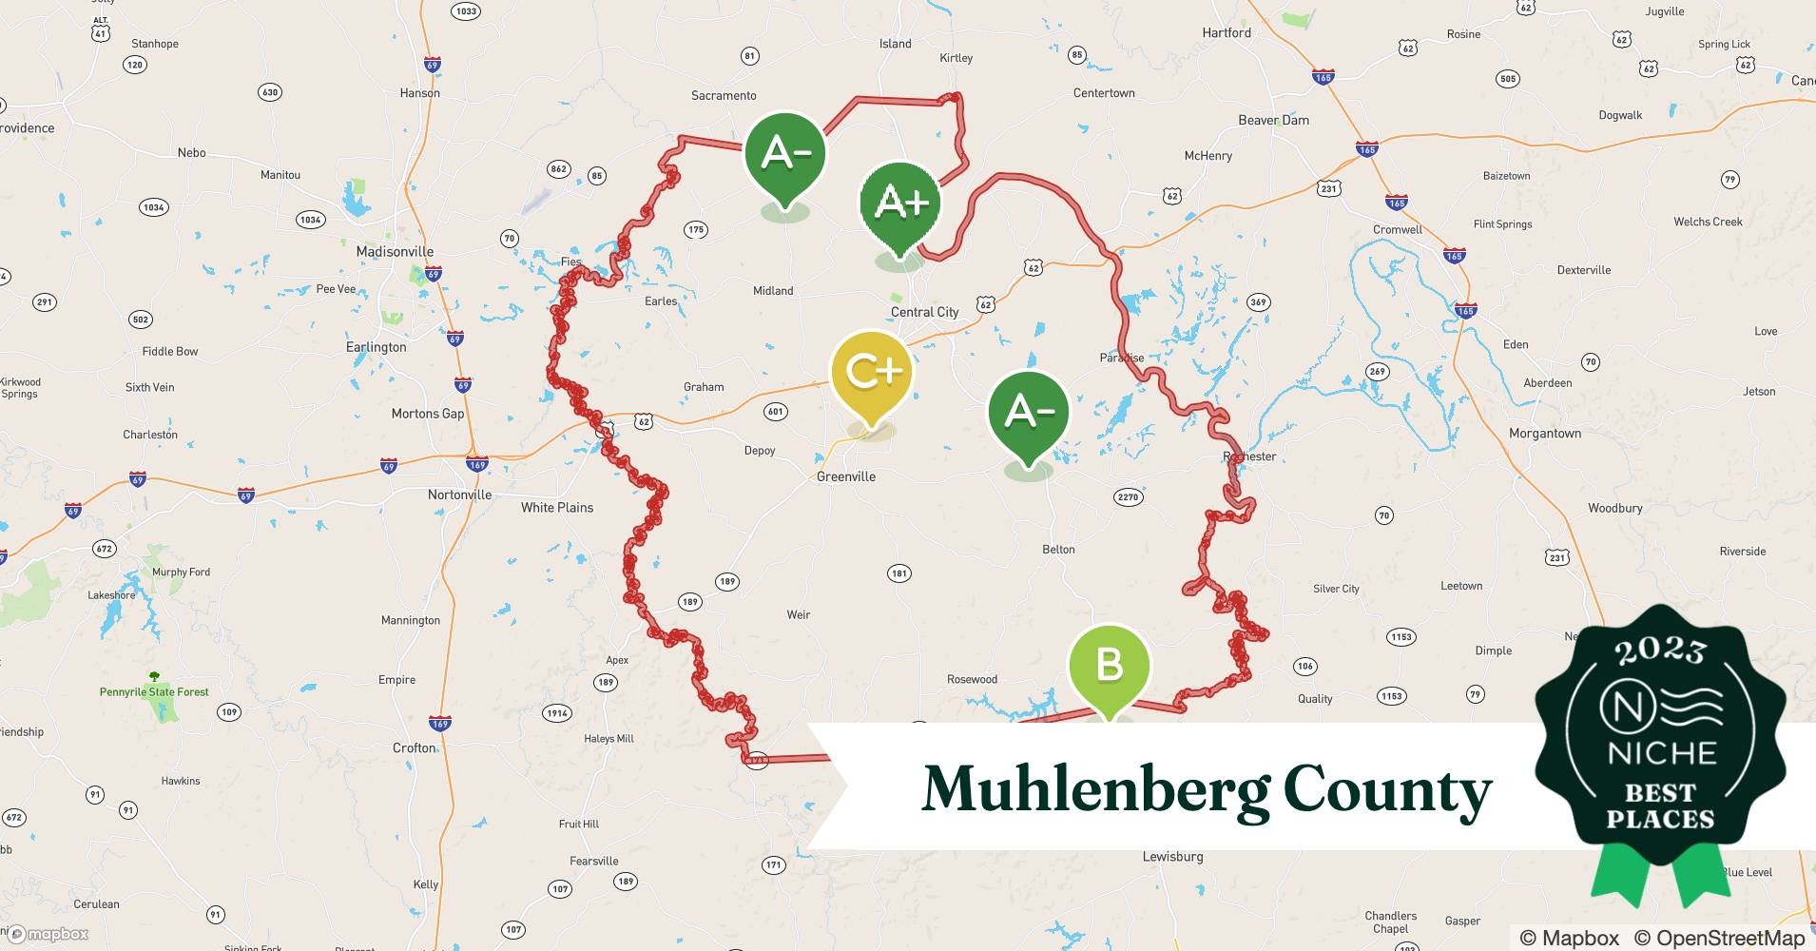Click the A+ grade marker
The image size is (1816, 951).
click(x=899, y=202)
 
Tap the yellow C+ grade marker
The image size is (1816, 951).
click(x=871, y=372)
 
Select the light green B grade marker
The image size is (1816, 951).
click(x=1109, y=665)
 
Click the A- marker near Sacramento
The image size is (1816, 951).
click(x=785, y=152)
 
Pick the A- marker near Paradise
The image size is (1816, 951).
click(x=1028, y=411)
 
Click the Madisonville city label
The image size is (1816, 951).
click(x=395, y=252)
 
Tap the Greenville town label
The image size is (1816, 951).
click(x=846, y=476)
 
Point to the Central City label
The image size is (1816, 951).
click(x=924, y=312)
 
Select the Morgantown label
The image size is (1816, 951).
click(x=1545, y=434)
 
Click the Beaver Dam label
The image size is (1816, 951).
click(x=1273, y=120)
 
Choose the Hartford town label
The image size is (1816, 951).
click(x=1227, y=32)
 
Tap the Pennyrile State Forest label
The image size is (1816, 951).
click(x=154, y=692)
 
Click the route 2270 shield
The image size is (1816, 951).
click(x=1128, y=497)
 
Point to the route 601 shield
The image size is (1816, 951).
click(x=776, y=412)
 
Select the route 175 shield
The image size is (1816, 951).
click(x=696, y=229)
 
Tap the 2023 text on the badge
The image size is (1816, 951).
click(x=1660, y=650)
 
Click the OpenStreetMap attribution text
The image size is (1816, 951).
click(x=1719, y=938)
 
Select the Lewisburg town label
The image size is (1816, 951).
click(x=1172, y=857)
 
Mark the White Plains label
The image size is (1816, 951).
click(x=557, y=508)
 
